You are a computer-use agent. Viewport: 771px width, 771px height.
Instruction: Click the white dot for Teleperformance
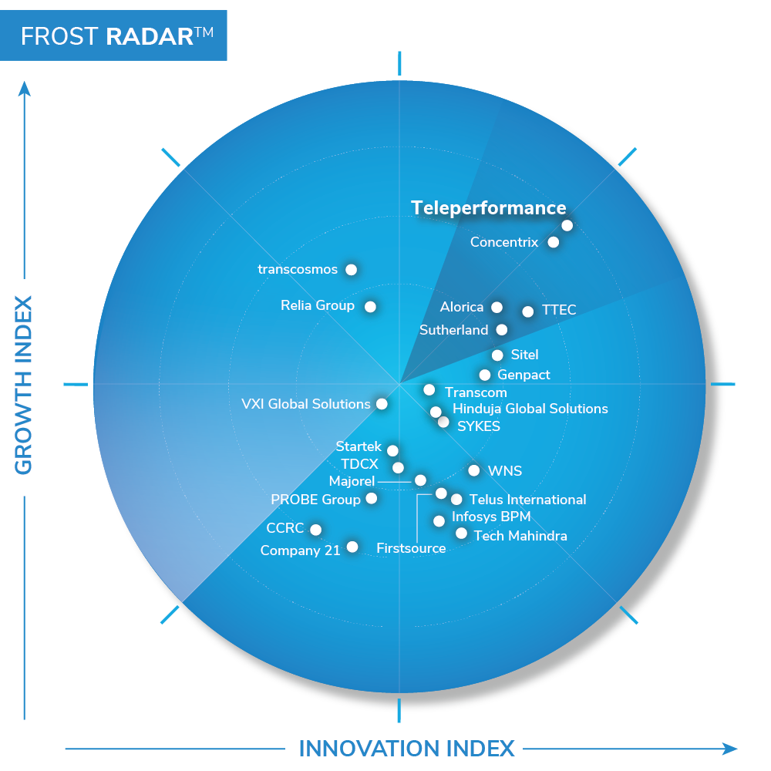(x=567, y=226)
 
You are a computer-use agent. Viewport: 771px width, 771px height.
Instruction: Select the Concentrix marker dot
(x=553, y=242)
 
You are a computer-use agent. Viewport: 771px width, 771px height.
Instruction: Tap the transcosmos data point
(x=351, y=269)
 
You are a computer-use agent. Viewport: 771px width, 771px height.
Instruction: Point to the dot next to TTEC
(x=527, y=311)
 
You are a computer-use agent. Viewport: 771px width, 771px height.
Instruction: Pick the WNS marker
(x=473, y=470)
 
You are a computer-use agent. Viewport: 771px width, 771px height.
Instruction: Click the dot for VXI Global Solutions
(x=382, y=404)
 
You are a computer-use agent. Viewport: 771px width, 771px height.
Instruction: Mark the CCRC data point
(x=315, y=530)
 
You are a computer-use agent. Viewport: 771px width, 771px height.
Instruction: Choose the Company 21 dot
(x=352, y=547)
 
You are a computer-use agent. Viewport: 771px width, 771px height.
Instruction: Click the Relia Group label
(x=318, y=305)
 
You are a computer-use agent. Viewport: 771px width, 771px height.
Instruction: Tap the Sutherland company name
(x=453, y=330)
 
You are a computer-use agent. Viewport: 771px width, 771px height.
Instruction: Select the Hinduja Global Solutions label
(x=530, y=409)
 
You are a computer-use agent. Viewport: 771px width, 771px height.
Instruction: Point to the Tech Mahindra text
(x=520, y=536)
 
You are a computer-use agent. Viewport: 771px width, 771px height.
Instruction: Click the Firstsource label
(x=411, y=548)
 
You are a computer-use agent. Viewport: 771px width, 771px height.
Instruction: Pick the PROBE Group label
(x=315, y=500)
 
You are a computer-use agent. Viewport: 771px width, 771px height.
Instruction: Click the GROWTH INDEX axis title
(x=23, y=385)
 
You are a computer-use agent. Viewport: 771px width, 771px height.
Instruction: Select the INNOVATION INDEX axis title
(x=406, y=749)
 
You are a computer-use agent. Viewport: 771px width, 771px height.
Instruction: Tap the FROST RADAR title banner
(x=113, y=35)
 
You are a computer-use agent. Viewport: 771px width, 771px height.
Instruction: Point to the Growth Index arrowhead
(x=25, y=89)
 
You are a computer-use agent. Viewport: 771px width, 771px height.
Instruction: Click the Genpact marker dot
(x=485, y=375)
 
